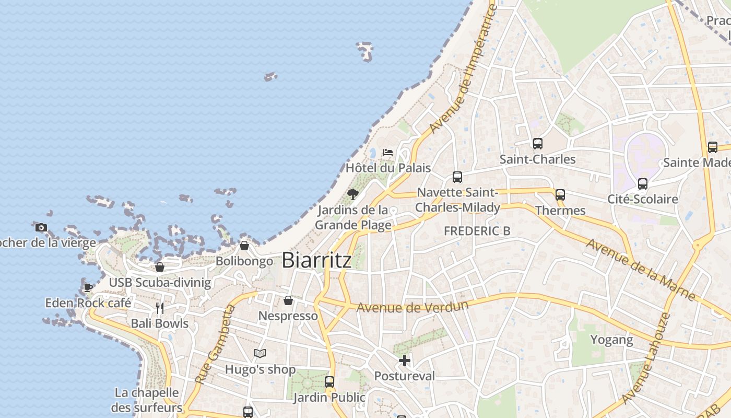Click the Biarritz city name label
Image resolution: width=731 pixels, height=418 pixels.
point(316,260)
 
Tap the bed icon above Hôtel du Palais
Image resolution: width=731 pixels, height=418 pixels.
point(388,153)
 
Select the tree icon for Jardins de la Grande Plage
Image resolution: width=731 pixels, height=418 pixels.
point(353,194)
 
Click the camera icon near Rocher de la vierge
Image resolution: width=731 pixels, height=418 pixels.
point(41,227)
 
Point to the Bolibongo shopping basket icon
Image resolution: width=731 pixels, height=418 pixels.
point(244,246)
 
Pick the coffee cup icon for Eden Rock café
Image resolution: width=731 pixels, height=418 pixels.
point(88,287)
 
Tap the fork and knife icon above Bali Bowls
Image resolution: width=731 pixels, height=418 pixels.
point(160,308)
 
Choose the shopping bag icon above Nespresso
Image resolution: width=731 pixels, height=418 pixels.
point(288,300)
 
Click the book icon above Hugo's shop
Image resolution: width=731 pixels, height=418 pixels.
point(260,354)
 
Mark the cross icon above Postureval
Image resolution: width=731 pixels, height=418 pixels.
point(405,361)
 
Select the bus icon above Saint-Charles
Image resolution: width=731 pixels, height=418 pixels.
point(537,144)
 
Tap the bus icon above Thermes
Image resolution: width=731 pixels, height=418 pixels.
point(560,195)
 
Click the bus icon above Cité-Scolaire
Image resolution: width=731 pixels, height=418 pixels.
point(642,184)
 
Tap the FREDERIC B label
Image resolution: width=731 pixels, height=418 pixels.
point(477,231)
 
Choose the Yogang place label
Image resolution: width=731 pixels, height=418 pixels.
point(611,340)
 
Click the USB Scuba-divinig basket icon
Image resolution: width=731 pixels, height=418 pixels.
point(160,267)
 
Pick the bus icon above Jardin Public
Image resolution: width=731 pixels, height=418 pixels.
point(329,382)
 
